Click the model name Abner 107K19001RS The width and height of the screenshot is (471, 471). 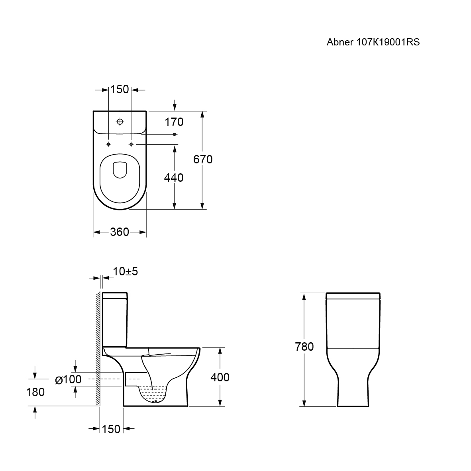(x=373, y=42)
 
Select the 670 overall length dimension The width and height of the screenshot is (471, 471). (x=203, y=159)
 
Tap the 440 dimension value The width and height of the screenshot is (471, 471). (x=174, y=178)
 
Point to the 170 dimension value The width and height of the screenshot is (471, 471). (x=174, y=122)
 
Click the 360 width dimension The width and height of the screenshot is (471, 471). (x=120, y=232)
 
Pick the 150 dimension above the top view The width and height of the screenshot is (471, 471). (x=119, y=90)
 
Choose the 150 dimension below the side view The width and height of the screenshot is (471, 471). (x=111, y=429)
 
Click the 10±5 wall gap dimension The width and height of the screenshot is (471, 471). (x=125, y=271)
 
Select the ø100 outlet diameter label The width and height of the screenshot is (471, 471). (x=69, y=379)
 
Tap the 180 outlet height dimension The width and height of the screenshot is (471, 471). (x=35, y=392)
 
